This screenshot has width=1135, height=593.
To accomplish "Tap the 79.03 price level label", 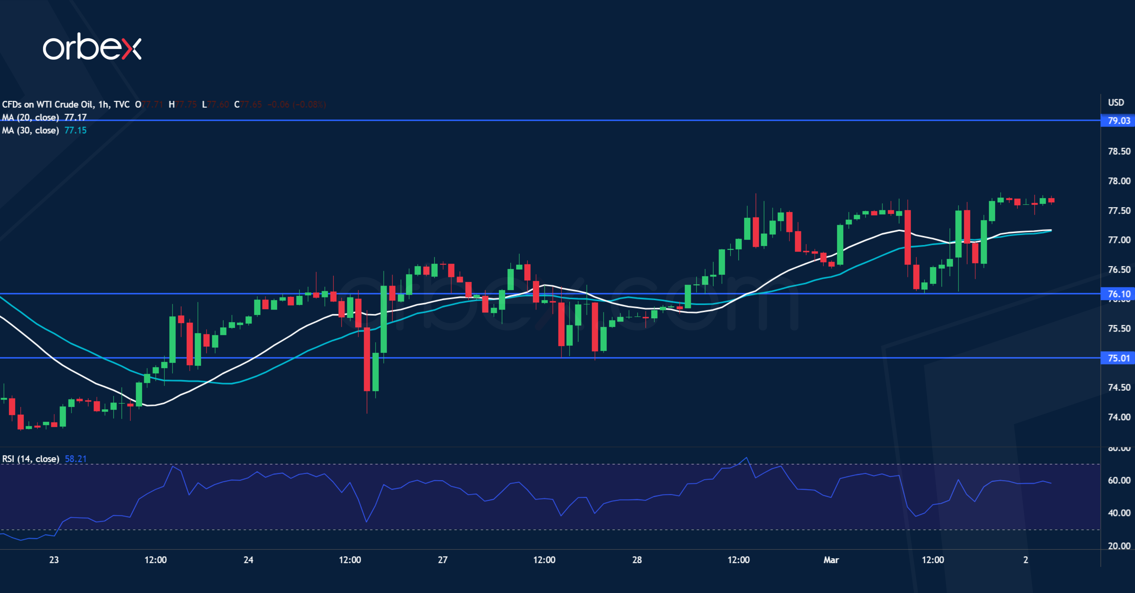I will click(x=1118, y=120).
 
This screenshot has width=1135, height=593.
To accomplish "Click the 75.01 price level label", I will click(x=1118, y=358).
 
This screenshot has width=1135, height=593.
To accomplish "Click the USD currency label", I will click(x=1116, y=102).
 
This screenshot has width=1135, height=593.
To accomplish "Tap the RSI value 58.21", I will click(x=76, y=459).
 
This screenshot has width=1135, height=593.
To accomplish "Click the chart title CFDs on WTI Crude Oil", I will click(x=47, y=104).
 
